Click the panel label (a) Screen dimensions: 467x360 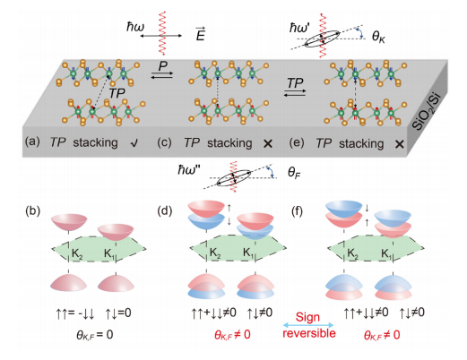click(x=32, y=141)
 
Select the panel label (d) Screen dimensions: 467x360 click(x=165, y=211)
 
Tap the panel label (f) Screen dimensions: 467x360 click(x=297, y=211)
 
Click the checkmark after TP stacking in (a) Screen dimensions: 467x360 click(x=134, y=143)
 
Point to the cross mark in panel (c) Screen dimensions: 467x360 click(x=268, y=144)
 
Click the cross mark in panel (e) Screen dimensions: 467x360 click(x=400, y=144)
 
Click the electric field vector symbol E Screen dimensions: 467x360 click(x=200, y=34)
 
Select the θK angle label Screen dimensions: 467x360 click(x=378, y=38)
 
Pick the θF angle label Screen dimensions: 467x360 click(x=294, y=173)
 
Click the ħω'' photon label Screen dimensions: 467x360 click(x=189, y=170)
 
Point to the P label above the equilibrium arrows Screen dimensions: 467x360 click(x=163, y=65)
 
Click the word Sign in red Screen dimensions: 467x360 click(x=307, y=317)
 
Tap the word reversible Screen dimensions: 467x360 click(x=309, y=333)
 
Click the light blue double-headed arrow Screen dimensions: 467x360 click(x=308, y=325)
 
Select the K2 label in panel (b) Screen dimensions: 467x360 click(x=77, y=253)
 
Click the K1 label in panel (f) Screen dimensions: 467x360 click(x=386, y=253)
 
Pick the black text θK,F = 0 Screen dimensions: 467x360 click(x=95, y=335)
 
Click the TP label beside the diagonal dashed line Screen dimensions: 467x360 click(x=117, y=94)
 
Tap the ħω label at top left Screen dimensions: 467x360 click(x=135, y=27)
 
